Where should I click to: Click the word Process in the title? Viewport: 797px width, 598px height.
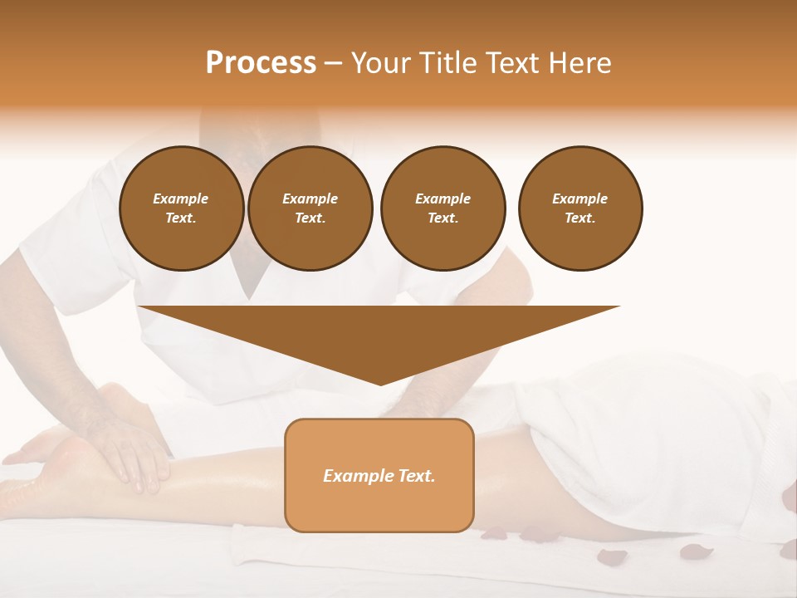pos(261,63)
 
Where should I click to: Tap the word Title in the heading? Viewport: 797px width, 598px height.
pos(451,63)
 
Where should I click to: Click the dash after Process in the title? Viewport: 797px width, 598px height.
pos(334,64)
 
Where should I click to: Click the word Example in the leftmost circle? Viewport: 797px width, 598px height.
pos(181,199)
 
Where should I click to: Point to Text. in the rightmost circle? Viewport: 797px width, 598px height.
pos(580,218)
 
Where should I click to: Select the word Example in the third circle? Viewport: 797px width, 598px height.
pos(443,199)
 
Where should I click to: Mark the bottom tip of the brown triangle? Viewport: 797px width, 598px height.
pos(380,384)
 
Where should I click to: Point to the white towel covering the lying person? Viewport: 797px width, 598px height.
pos(664,440)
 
